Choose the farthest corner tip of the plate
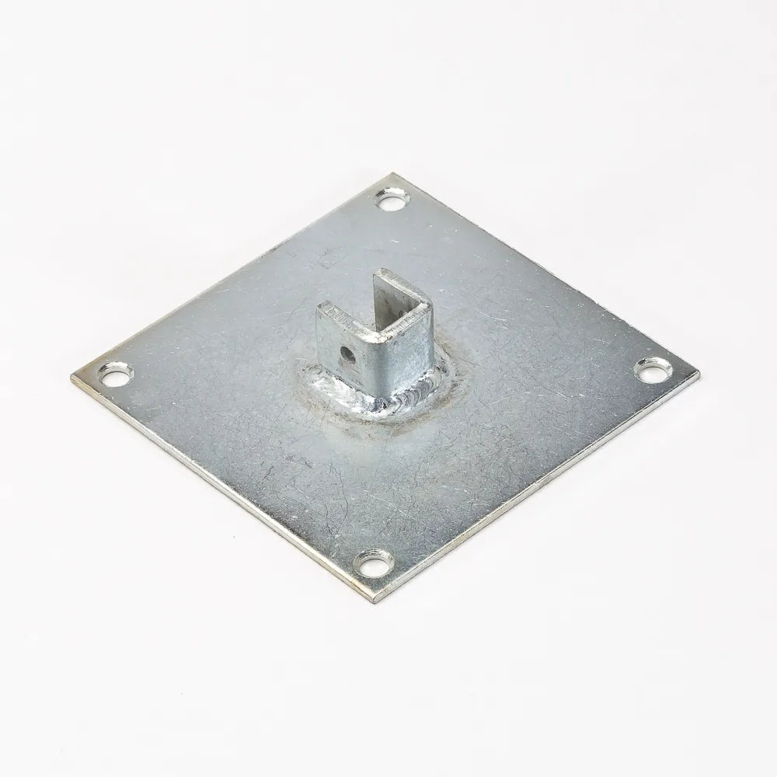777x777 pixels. point(396,176)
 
